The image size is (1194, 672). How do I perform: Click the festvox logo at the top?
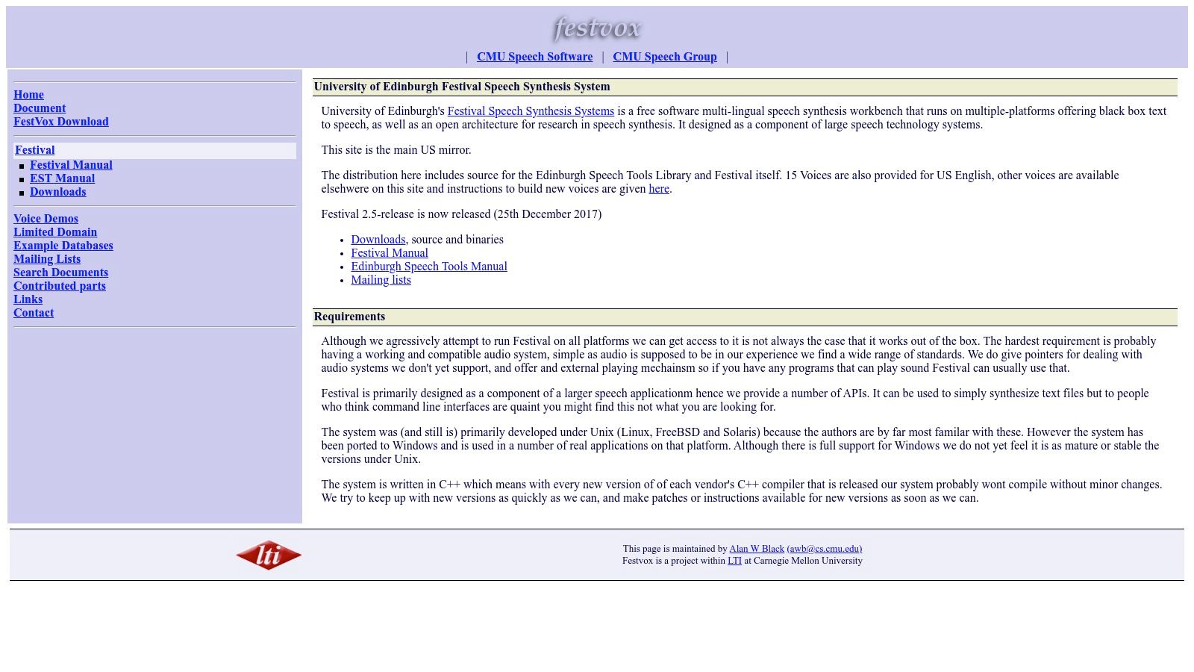point(597,28)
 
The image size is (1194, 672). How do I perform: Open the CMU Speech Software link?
point(534,57)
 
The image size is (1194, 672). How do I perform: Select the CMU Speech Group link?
point(664,57)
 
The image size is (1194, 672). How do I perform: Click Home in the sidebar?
point(28,95)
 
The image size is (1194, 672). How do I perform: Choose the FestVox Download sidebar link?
point(61,122)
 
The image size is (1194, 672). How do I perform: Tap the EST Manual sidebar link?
point(62,178)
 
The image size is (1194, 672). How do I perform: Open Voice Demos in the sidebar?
point(46,219)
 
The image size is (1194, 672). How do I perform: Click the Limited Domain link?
point(55,232)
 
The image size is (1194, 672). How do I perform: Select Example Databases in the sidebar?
point(63,246)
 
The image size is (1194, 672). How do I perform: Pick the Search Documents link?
point(60,273)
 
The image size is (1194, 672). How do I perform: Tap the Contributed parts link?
point(60,286)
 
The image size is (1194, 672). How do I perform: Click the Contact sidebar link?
point(34,313)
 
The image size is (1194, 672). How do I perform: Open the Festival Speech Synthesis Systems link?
point(531,111)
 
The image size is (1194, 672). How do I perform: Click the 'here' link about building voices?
point(659,189)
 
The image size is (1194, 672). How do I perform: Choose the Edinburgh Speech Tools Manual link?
point(429,267)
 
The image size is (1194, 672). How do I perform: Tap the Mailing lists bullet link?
point(381,280)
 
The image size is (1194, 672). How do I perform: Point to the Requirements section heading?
point(349,317)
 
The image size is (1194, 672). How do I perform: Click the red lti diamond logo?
point(269,555)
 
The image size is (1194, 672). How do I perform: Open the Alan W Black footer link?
point(757,549)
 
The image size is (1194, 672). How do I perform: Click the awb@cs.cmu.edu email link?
point(824,549)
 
